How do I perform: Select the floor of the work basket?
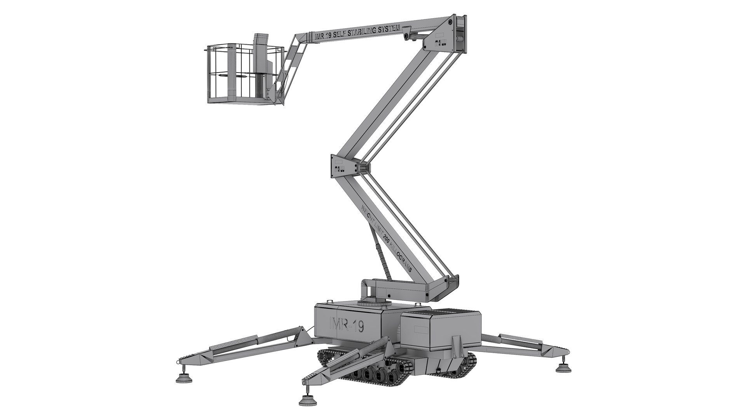click(x=241, y=102)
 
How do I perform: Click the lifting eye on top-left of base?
click(x=329, y=301)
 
